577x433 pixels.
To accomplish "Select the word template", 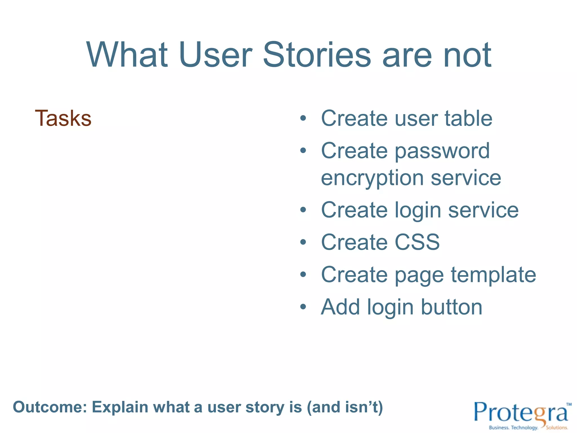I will (x=493, y=275).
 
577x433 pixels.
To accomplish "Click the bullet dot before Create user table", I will (x=303, y=118).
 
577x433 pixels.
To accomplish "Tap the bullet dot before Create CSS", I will (x=303, y=242).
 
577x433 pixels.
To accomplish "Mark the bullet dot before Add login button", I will (x=303, y=307).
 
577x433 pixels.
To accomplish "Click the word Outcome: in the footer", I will (x=50, y=407).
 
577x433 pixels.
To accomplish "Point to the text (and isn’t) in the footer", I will (x=345, y=407).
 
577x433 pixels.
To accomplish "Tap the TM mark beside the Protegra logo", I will (x=569, y=404).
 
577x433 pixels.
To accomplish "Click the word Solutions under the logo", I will (x=557, y=428).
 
